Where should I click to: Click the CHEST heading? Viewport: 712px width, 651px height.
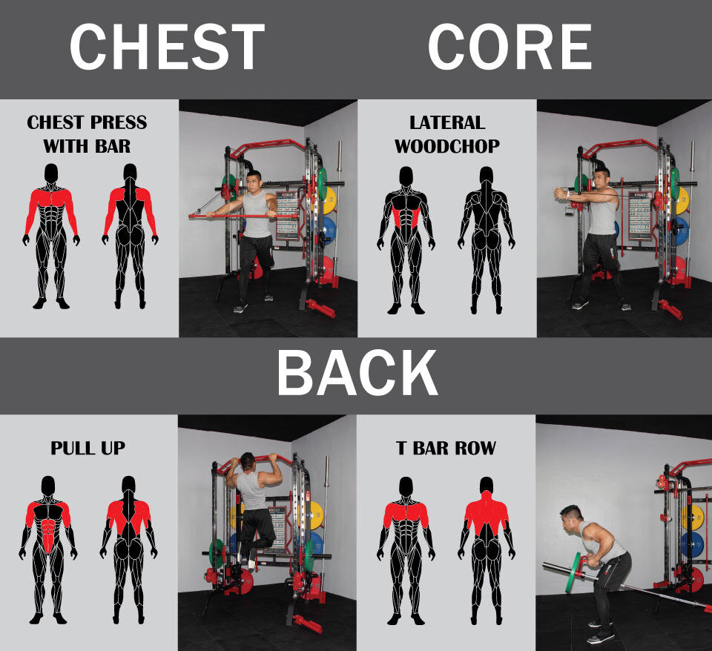click(x=167, y=47)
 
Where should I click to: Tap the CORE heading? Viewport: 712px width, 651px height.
click(x=510, y=47)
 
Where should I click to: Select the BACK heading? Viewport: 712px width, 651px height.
click(x=357, y=374)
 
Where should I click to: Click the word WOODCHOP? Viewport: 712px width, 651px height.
click(x=447, y=146)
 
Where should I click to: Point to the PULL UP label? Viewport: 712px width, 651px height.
click(x=88, y=448)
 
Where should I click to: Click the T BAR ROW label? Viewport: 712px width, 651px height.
click(x=446, y=448)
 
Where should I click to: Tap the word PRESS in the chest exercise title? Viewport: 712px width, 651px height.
click(x=119, y=122)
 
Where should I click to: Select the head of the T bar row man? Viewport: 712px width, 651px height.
click(x=571, y=518)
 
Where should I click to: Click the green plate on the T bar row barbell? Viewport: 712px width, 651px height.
click(x=573, y=572)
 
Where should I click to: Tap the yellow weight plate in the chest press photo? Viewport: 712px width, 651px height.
click(x=329, y=200)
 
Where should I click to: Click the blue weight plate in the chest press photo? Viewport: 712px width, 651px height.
click(x=329, y=230)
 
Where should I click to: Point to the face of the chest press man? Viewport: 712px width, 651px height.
click(x=254, y=183)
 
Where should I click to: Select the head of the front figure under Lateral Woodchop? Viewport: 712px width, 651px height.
click(x=406, y=176)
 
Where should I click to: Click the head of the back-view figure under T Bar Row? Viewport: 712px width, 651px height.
click(x=487, y=486)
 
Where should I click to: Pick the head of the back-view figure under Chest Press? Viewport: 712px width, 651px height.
click(x=130, y=173)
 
